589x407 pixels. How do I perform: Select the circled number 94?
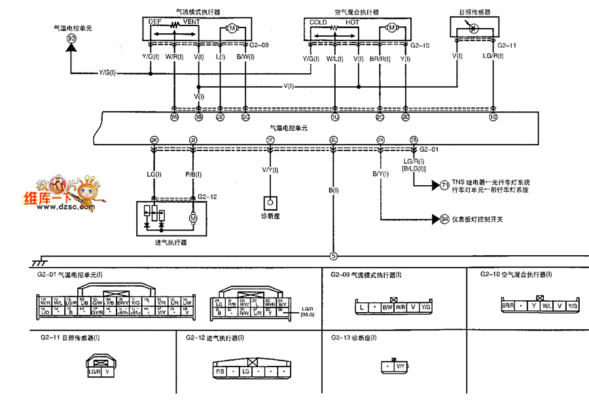(445, 219)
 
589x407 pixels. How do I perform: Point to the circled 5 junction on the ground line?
(333, 257)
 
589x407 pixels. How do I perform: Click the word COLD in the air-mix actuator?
(318, 22)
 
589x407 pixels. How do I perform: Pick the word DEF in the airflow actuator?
(155, 22)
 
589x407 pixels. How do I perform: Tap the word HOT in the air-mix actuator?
(353, 22)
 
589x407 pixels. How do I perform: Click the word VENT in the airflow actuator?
(192, 22)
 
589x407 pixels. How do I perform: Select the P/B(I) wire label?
(193, 175)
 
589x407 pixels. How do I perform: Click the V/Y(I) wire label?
(270, 170)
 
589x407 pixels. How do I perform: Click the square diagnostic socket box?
(270, 203)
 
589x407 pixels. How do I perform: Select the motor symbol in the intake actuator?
(193, 217)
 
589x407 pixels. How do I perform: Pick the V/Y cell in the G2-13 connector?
(400, 367)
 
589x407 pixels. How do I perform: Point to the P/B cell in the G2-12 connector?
(221, 371)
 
